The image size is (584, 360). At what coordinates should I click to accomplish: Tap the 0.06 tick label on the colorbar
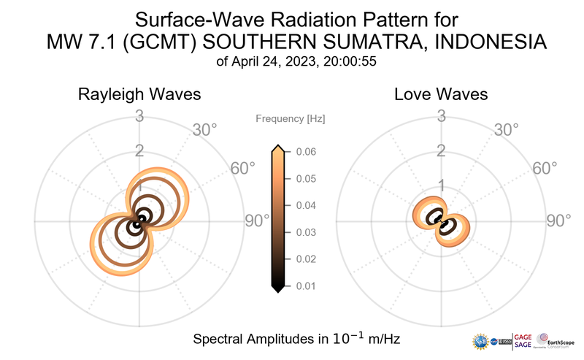(306, 152)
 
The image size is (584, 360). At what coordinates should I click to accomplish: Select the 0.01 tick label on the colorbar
(306, 286)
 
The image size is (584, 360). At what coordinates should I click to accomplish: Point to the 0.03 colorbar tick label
(306, 232)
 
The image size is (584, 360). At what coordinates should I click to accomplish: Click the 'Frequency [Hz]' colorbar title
(291, 118)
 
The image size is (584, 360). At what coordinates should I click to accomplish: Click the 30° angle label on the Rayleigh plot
(204, 130)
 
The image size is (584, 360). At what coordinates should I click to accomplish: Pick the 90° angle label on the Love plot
(559, 221)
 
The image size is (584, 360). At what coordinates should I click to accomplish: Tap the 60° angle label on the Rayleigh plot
(243, 169)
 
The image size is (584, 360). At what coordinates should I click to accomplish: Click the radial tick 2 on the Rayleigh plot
(139, 151)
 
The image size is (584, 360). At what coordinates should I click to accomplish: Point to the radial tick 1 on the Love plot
(441, 185)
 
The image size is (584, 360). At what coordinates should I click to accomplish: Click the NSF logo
(481, 341)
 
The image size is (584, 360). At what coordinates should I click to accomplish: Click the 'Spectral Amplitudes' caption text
(248, 340)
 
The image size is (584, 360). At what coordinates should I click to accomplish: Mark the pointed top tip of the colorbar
(277, 147)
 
